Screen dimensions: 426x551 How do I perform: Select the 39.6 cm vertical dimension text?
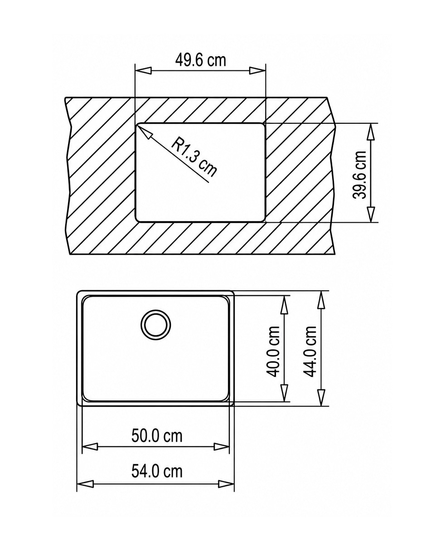click(359, 175)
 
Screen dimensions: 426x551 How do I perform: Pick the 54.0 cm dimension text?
click(157, 471)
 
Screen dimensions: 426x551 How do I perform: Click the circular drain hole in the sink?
click(155, 325)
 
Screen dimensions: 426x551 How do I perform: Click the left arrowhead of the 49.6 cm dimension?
click(143, 71)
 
